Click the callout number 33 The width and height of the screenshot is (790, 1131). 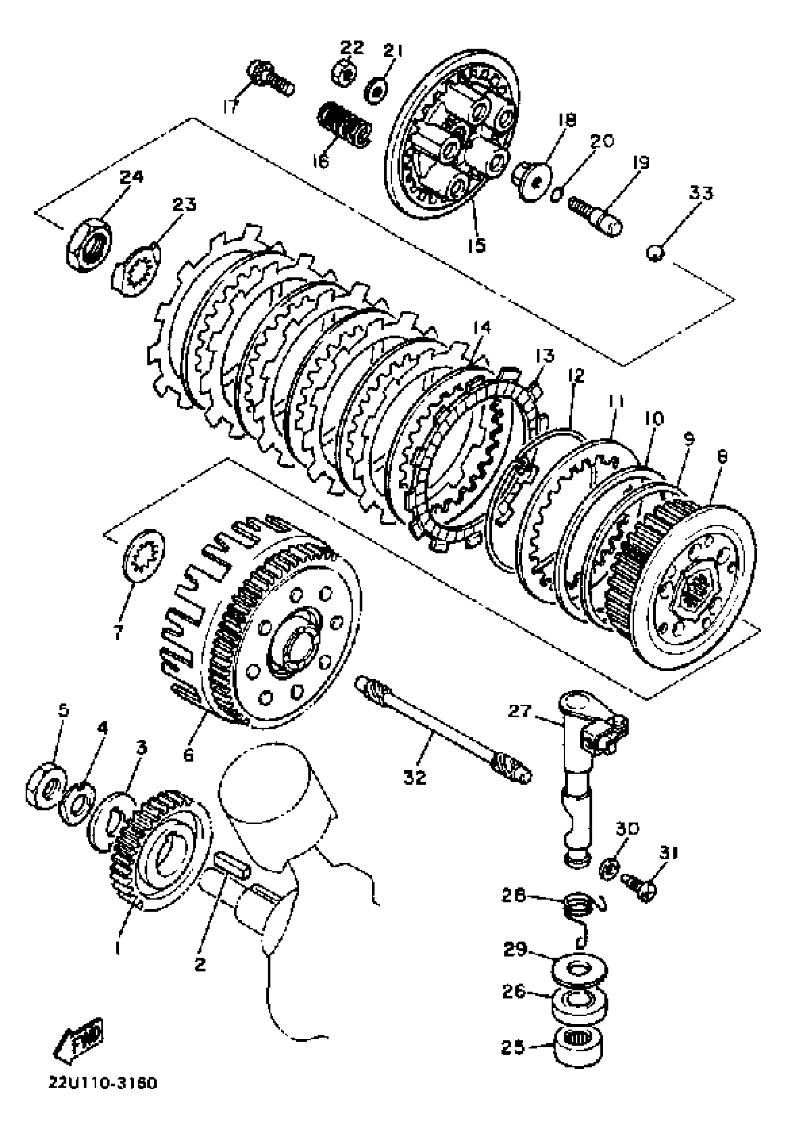700,192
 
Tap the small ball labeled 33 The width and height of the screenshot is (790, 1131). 656,254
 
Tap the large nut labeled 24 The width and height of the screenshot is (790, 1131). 89,244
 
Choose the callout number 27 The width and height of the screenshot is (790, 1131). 520,711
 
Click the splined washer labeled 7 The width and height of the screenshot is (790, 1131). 143,556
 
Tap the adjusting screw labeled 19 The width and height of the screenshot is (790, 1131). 595,217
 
